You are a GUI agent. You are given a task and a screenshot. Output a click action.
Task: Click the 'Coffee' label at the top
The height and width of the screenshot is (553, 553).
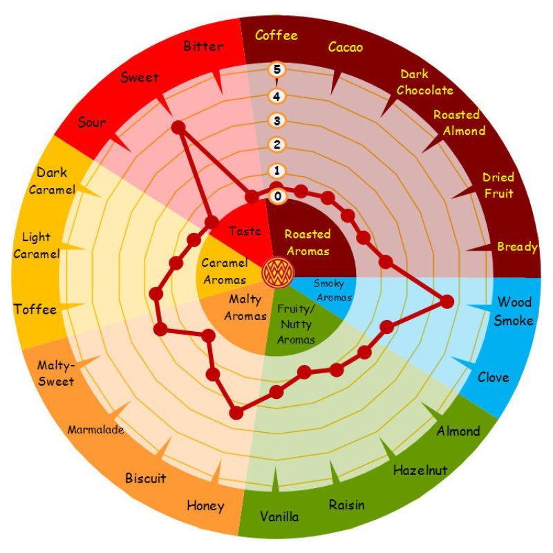pos(276,35)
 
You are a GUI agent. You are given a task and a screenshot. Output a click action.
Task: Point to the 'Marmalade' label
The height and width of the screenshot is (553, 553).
pos(95,430)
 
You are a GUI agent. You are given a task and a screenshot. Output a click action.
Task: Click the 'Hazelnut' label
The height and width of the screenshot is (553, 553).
pos(420,470)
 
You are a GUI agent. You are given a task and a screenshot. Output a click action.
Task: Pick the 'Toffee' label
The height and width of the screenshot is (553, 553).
pos(35,309)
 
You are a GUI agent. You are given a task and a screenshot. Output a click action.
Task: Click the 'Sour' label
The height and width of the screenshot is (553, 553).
pos(92,123)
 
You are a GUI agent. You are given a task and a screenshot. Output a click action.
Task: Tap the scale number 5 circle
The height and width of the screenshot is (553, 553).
pos(277,69)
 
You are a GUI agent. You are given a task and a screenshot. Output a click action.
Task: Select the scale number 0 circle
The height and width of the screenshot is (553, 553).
pos(278,196)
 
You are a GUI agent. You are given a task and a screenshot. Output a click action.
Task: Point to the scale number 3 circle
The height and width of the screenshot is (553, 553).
pos(277,121)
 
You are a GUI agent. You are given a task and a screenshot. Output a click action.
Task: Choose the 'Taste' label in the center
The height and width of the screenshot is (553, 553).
pos(245,232)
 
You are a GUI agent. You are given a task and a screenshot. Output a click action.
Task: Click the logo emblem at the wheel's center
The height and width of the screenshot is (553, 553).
pos(276,273)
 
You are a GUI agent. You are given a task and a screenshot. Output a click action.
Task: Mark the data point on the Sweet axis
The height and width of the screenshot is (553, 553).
pos(178,127)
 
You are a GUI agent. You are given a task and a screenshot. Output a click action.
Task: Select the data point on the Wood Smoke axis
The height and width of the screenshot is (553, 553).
pos(447,301)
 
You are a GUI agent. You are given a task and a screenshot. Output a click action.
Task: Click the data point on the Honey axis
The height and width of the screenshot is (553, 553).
pos(236,413)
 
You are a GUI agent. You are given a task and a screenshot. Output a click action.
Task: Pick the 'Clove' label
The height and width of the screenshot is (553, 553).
pos(493,377)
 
